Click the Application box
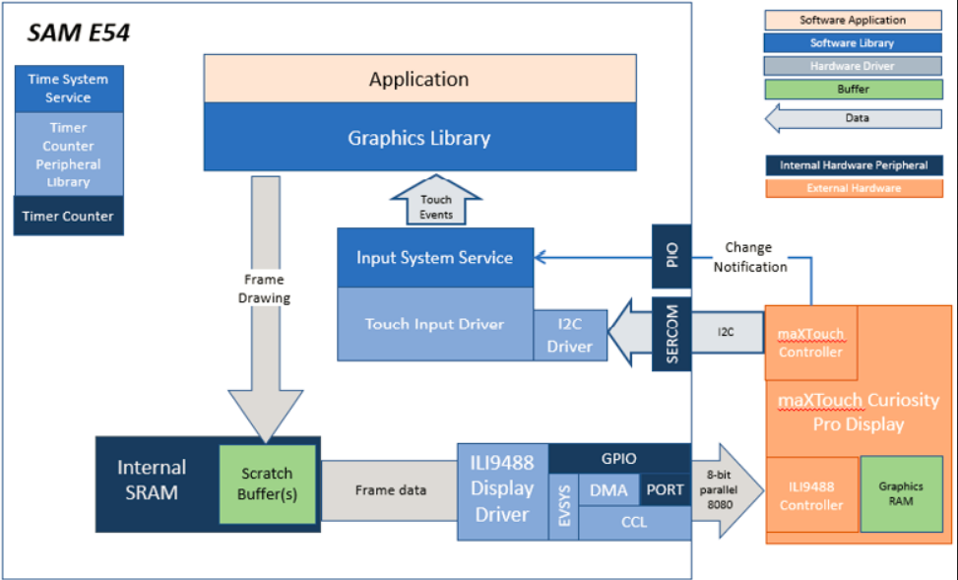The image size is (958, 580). pyautogui.click(x=419, y=78)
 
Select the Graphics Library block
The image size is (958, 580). pyautogui.click(x=419, y=137)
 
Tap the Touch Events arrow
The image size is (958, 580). pyautogui.click(x=435, y=201)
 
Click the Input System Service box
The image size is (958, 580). pyautogui.click(x=435, y=257)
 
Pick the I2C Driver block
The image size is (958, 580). pyautogui.click(x=570, y=335)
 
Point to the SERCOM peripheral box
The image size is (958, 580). pyautogui.click(x=671, y=334)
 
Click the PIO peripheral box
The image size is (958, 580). pyautogui.click(x=671, y=255)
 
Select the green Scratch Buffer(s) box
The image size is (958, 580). pyautogui.click(x=267, y=483)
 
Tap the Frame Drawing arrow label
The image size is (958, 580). pyautogui.click(x=264, y=289)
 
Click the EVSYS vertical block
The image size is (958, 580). pyautogui.click(x=564, y=506)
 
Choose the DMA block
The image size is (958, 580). pyautogui.click(x=608, y=489)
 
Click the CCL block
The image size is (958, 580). pyautogui.click(x=634, y=523)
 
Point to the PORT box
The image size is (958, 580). pyautogui.click(x=665, y=489)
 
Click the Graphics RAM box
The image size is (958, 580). pyautogui.click(x=901, y=493)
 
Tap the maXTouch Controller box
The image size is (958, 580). pyautogui.click(x=810, y=343)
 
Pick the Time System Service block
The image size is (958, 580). pyautogui.click(x=69, y=89)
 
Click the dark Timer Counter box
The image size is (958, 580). pyautogui.click(x=69, y=216)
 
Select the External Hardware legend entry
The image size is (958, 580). pyautogui.click(x=854, y=188)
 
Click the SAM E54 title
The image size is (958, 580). pyautogui.click(x=78, y=33)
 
